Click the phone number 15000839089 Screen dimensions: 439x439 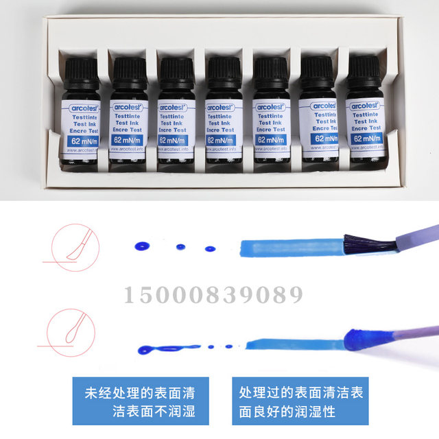pos(213,296)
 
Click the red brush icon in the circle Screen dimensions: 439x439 pos(67,245)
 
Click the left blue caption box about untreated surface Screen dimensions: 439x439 pos(139,402)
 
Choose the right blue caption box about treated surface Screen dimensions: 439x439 pos(300,402)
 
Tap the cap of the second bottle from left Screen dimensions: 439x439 pos(130,69)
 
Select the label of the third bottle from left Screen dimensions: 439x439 pos(175,124)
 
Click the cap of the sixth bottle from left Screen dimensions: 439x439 pos(317,69)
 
